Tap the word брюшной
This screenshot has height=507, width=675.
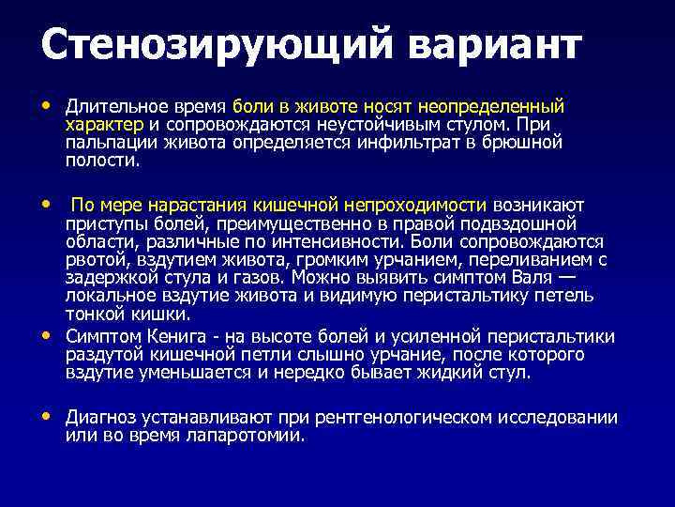click(x=518, y=143)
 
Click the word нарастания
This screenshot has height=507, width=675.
click(x=191, y=205)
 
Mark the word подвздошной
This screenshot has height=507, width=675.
click(x=519, y=223)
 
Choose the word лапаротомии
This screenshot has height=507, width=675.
click(x=255, y=436)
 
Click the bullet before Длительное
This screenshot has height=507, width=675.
click(x=47, y=106)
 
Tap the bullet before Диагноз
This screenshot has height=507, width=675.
click(x=47, y=416)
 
